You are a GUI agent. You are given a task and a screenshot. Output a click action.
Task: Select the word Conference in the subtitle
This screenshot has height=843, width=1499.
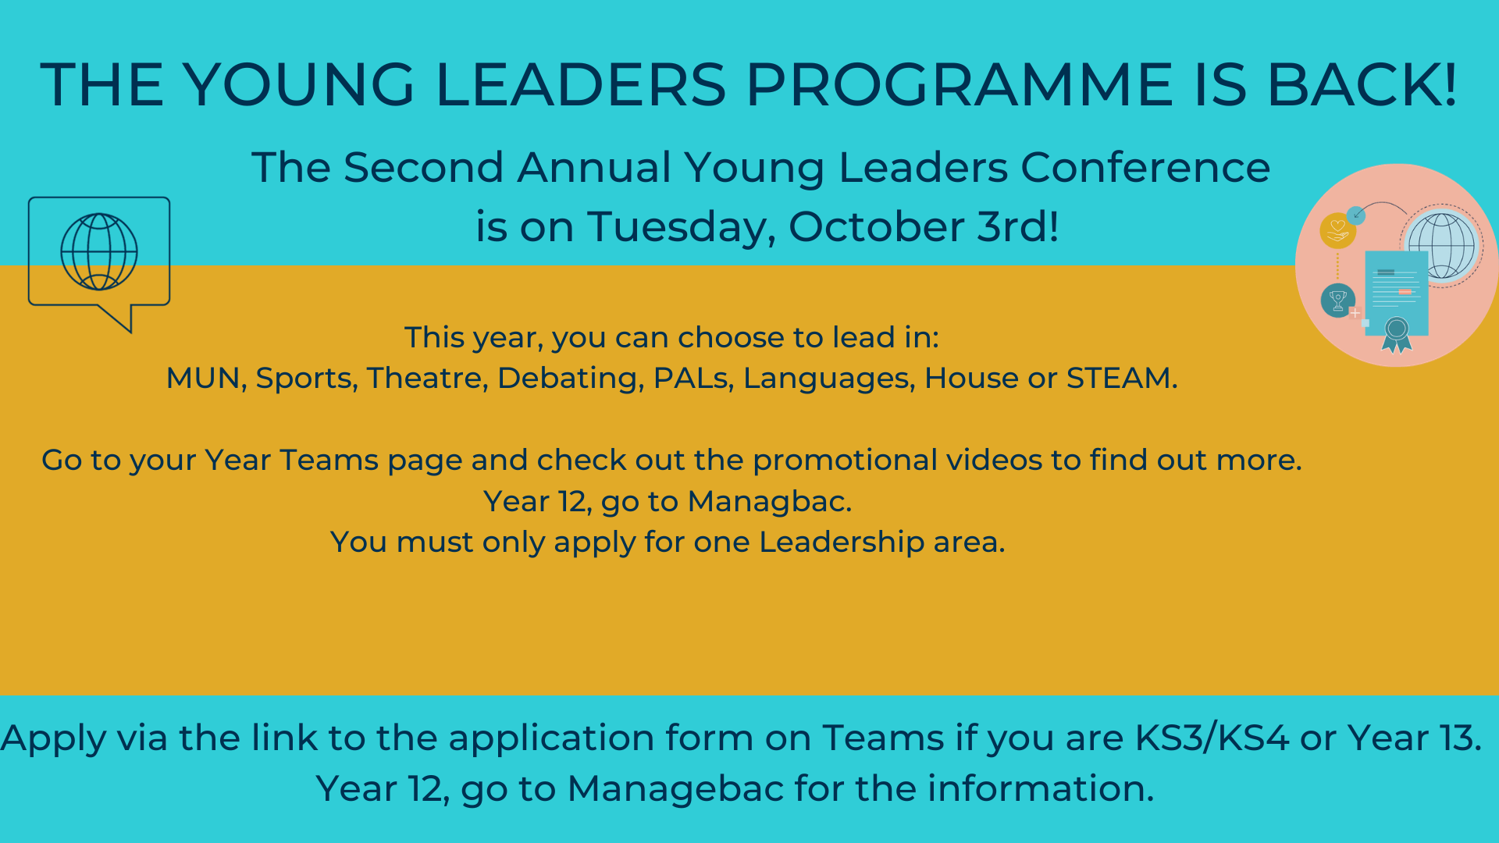pyautogui.click(x=1145, y=168)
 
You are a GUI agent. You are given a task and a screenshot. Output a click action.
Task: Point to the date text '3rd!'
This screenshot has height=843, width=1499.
pyautogui.click(x=1018, y=227)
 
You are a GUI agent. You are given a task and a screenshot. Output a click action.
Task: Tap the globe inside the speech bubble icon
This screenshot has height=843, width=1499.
pyautogui.click(x=99, y=251)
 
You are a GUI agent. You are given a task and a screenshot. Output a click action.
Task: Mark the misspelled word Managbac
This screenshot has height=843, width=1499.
pyautogui.click(x=769, y=502)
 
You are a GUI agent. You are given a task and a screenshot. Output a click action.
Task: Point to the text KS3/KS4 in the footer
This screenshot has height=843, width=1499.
pyautogui.click(x=1212, y=738)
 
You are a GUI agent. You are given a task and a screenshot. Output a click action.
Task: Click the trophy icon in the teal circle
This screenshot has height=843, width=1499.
pyautogui.click(x=1337, y=300)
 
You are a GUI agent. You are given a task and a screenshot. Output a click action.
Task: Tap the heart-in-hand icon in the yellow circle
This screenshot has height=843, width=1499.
pyautogui.click(x=1337, y=230)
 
